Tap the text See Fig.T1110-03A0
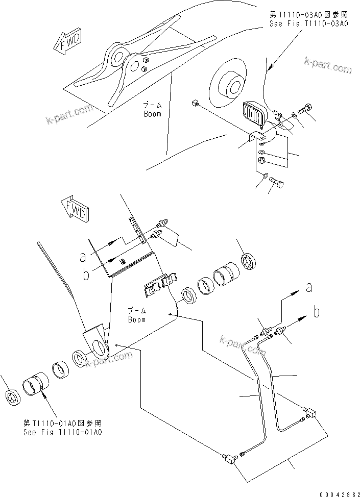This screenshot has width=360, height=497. coord(308,24)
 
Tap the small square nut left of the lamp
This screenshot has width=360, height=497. coord(194,105)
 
